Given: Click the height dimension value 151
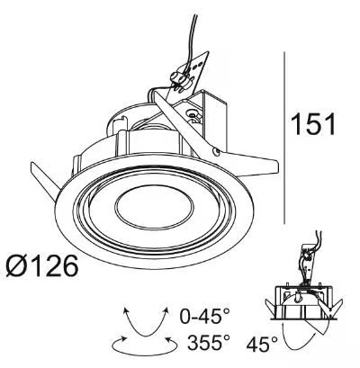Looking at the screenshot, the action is coord(313,124).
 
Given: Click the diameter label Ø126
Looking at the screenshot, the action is coord(42,265).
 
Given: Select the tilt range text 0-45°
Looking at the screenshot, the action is coord(205,316).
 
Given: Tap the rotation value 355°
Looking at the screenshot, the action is coord(209,343).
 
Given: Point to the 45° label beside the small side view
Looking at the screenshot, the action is coord(262,344).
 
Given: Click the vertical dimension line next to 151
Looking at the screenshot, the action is coord(284,138).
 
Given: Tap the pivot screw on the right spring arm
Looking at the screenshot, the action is coord(215,152).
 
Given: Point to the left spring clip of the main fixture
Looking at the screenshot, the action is coord(45,180).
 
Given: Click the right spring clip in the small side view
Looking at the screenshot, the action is coord(331,307).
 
